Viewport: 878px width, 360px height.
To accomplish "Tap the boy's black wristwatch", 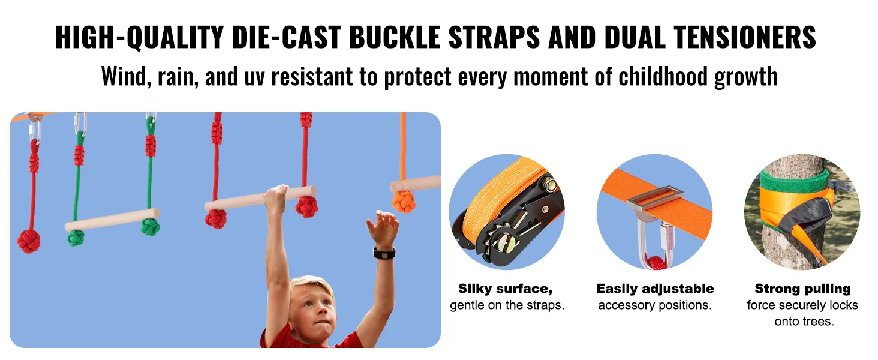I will [x=384, y=253].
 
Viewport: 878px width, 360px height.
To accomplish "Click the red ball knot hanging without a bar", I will [x=28, y=241].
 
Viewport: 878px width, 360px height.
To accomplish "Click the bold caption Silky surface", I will [x=505, y=289].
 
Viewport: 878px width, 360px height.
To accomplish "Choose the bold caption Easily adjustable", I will [x=655, y=289].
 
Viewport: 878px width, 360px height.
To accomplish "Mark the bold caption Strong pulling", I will [x=802, y=289].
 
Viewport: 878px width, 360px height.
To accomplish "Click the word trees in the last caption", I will [x=818, y=321].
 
